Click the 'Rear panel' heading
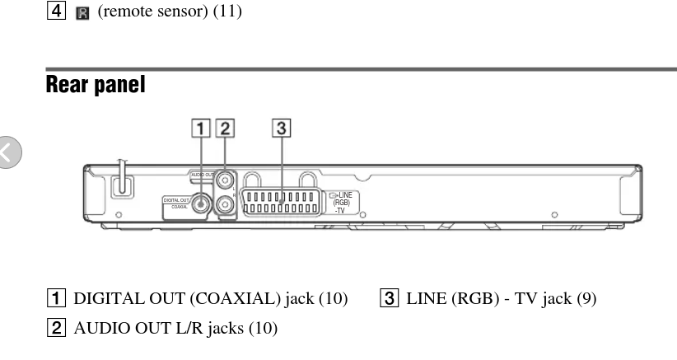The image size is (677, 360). click(x=96, y=84)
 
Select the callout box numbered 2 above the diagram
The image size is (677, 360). click(x=224, y=129)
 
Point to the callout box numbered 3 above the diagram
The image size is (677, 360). click(x=282, y=129)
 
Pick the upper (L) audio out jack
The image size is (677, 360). click(x=225, y=178)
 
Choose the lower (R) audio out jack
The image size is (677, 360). click(x=225, y=204)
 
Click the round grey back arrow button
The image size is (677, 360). click(x=10, y=153)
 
